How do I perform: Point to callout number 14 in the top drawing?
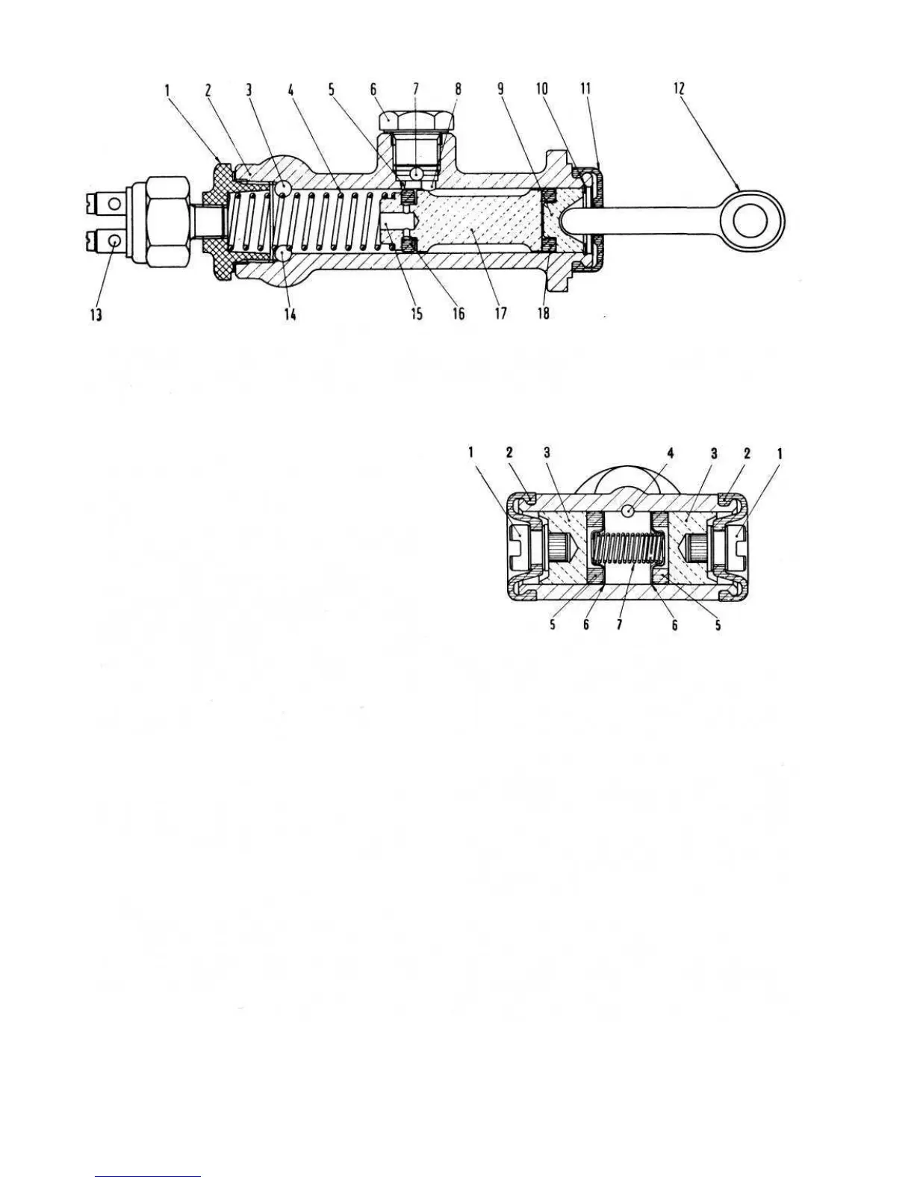290,314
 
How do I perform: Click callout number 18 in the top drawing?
544,314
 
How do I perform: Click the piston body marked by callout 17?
478,222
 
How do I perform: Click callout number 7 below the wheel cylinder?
619,625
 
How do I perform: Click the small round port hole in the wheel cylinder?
629,511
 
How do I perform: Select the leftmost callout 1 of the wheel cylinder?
471,453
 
